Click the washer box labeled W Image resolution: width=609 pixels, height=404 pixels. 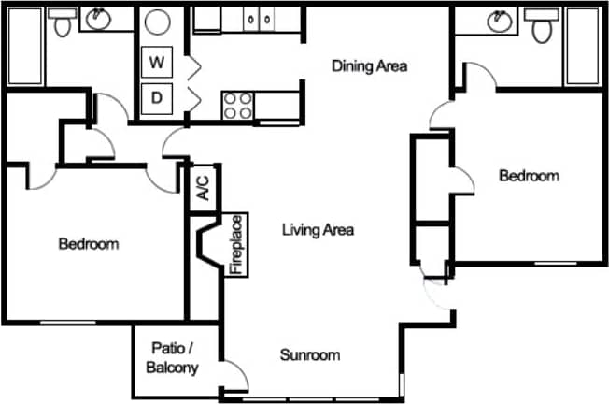[158, 64]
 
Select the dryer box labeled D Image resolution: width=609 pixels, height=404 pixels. [158, 96]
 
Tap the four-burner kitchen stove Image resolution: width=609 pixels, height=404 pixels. [238, 105]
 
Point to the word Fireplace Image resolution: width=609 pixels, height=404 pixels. [237, 245]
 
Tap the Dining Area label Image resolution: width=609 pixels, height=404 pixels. [371, 66]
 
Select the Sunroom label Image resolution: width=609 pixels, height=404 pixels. [309, 355]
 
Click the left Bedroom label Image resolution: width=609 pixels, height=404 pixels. [89, 245]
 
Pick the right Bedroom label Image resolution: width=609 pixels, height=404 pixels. [529, 176]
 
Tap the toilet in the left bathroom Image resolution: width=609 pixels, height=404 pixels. [62, 23]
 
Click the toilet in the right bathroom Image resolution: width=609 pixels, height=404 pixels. [541, 27]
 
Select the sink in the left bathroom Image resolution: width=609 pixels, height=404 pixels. [98, 18]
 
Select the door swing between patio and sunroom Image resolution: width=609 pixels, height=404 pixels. [237, 376]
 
